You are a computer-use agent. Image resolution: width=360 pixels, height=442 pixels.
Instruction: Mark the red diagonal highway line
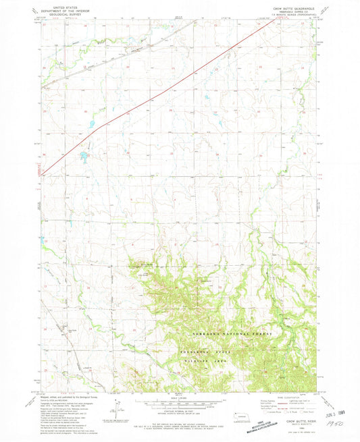(x=169, y=87)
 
